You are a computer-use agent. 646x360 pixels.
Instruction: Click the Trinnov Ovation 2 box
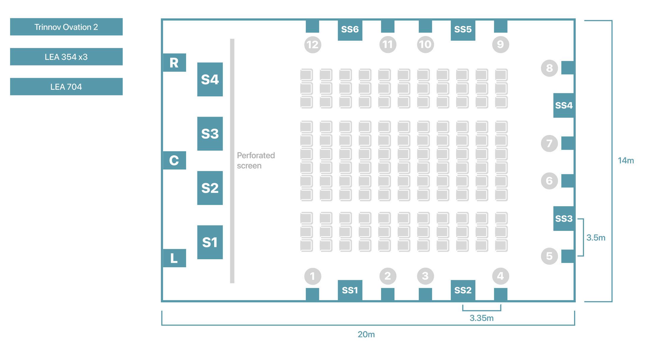tap(66, 27)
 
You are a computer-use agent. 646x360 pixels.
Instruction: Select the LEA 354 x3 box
tap(66, 57)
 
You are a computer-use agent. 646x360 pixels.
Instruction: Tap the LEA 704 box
tap(66, 87)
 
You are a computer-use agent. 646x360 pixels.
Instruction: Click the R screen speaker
tap(174, 63)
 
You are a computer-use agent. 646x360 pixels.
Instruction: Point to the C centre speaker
tap(174, 160)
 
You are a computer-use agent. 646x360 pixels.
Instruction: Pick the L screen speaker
tap(174, 258)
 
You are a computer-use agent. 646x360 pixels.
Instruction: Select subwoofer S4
tap(210, 79)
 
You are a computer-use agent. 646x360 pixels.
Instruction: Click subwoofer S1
tap(210, 242)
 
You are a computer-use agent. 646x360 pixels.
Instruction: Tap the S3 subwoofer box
tap(210, 134)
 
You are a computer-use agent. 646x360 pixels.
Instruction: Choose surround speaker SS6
tap(350, 30)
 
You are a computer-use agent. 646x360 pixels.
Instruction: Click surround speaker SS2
tap(463, 290)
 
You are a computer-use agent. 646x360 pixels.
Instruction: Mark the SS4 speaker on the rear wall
tap(564, 105)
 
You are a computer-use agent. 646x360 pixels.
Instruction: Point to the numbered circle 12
tap(313, 45)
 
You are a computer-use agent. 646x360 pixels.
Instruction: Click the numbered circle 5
tap(549, 256)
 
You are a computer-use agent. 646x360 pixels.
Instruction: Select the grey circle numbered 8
tap(549, 68)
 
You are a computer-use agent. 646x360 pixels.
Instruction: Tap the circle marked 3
tap(425, 276)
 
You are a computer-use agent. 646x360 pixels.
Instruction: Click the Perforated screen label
tap(256, 160)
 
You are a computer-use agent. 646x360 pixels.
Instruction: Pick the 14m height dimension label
tap(626, 161)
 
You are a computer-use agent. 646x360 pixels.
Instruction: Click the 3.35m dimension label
tap(481, 318)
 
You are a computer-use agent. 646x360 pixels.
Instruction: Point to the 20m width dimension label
tap(366, 334)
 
